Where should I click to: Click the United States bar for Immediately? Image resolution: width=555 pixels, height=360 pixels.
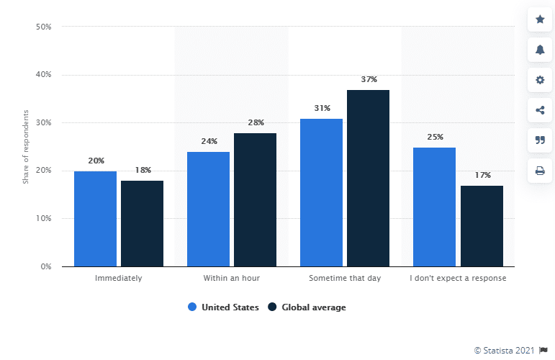95,219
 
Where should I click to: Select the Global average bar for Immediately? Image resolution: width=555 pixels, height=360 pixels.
142,224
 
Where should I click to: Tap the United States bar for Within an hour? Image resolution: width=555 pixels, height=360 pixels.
208,209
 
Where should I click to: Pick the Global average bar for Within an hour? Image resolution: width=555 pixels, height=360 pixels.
255,199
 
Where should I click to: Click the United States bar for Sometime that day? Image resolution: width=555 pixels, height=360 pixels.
321,192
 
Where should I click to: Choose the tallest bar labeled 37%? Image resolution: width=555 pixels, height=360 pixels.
368,178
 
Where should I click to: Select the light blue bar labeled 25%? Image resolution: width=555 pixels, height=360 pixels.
434,207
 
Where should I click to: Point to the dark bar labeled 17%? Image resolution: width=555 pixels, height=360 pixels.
482,226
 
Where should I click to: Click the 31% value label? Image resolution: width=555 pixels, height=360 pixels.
322,108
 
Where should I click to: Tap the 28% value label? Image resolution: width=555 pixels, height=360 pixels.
255,122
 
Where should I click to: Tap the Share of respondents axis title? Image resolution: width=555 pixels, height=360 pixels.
25,147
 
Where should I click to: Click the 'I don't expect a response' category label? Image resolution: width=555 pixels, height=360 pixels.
458,278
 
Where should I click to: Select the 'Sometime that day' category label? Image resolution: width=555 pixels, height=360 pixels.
345,278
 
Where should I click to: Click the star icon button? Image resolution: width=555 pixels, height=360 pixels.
540,18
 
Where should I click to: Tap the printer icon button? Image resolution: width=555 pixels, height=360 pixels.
540,171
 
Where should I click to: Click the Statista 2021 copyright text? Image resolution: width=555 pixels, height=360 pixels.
504,350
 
